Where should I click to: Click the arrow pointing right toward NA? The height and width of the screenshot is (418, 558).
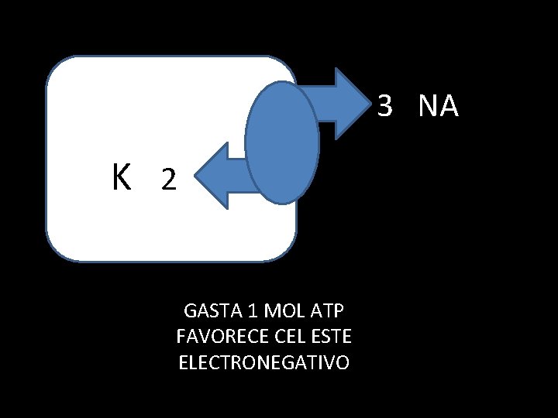tap(337, 104)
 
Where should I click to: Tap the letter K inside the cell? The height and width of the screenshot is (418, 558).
tap(121, 178)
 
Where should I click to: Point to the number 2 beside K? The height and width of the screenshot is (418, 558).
tap(167, 181)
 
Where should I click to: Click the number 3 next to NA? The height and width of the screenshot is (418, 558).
tap(386, 107)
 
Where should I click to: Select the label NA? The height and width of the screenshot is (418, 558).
tap(438, 107)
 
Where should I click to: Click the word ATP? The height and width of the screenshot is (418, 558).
tap(328, 311)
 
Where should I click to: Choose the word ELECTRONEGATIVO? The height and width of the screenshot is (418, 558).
tap(263, 362)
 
